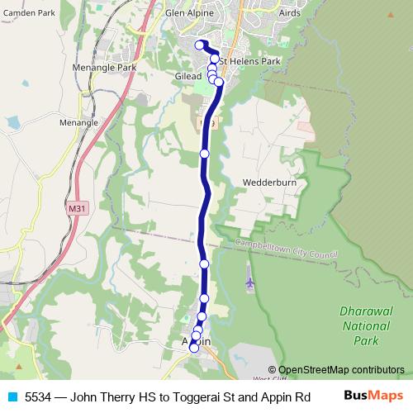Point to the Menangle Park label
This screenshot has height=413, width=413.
point(104,67)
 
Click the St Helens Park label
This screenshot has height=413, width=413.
point(250,61)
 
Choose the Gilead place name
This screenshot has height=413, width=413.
point(188,76)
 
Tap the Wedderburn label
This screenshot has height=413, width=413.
point(269,183)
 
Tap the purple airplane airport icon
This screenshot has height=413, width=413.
point(250,283)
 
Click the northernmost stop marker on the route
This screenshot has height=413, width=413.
point(198,45)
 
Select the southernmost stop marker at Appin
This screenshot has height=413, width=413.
point(194,348)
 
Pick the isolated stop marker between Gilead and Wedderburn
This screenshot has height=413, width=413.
point(205,153)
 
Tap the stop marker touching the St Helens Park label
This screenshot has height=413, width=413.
point(215,59)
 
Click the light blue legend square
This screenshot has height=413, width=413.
point(12,396)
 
